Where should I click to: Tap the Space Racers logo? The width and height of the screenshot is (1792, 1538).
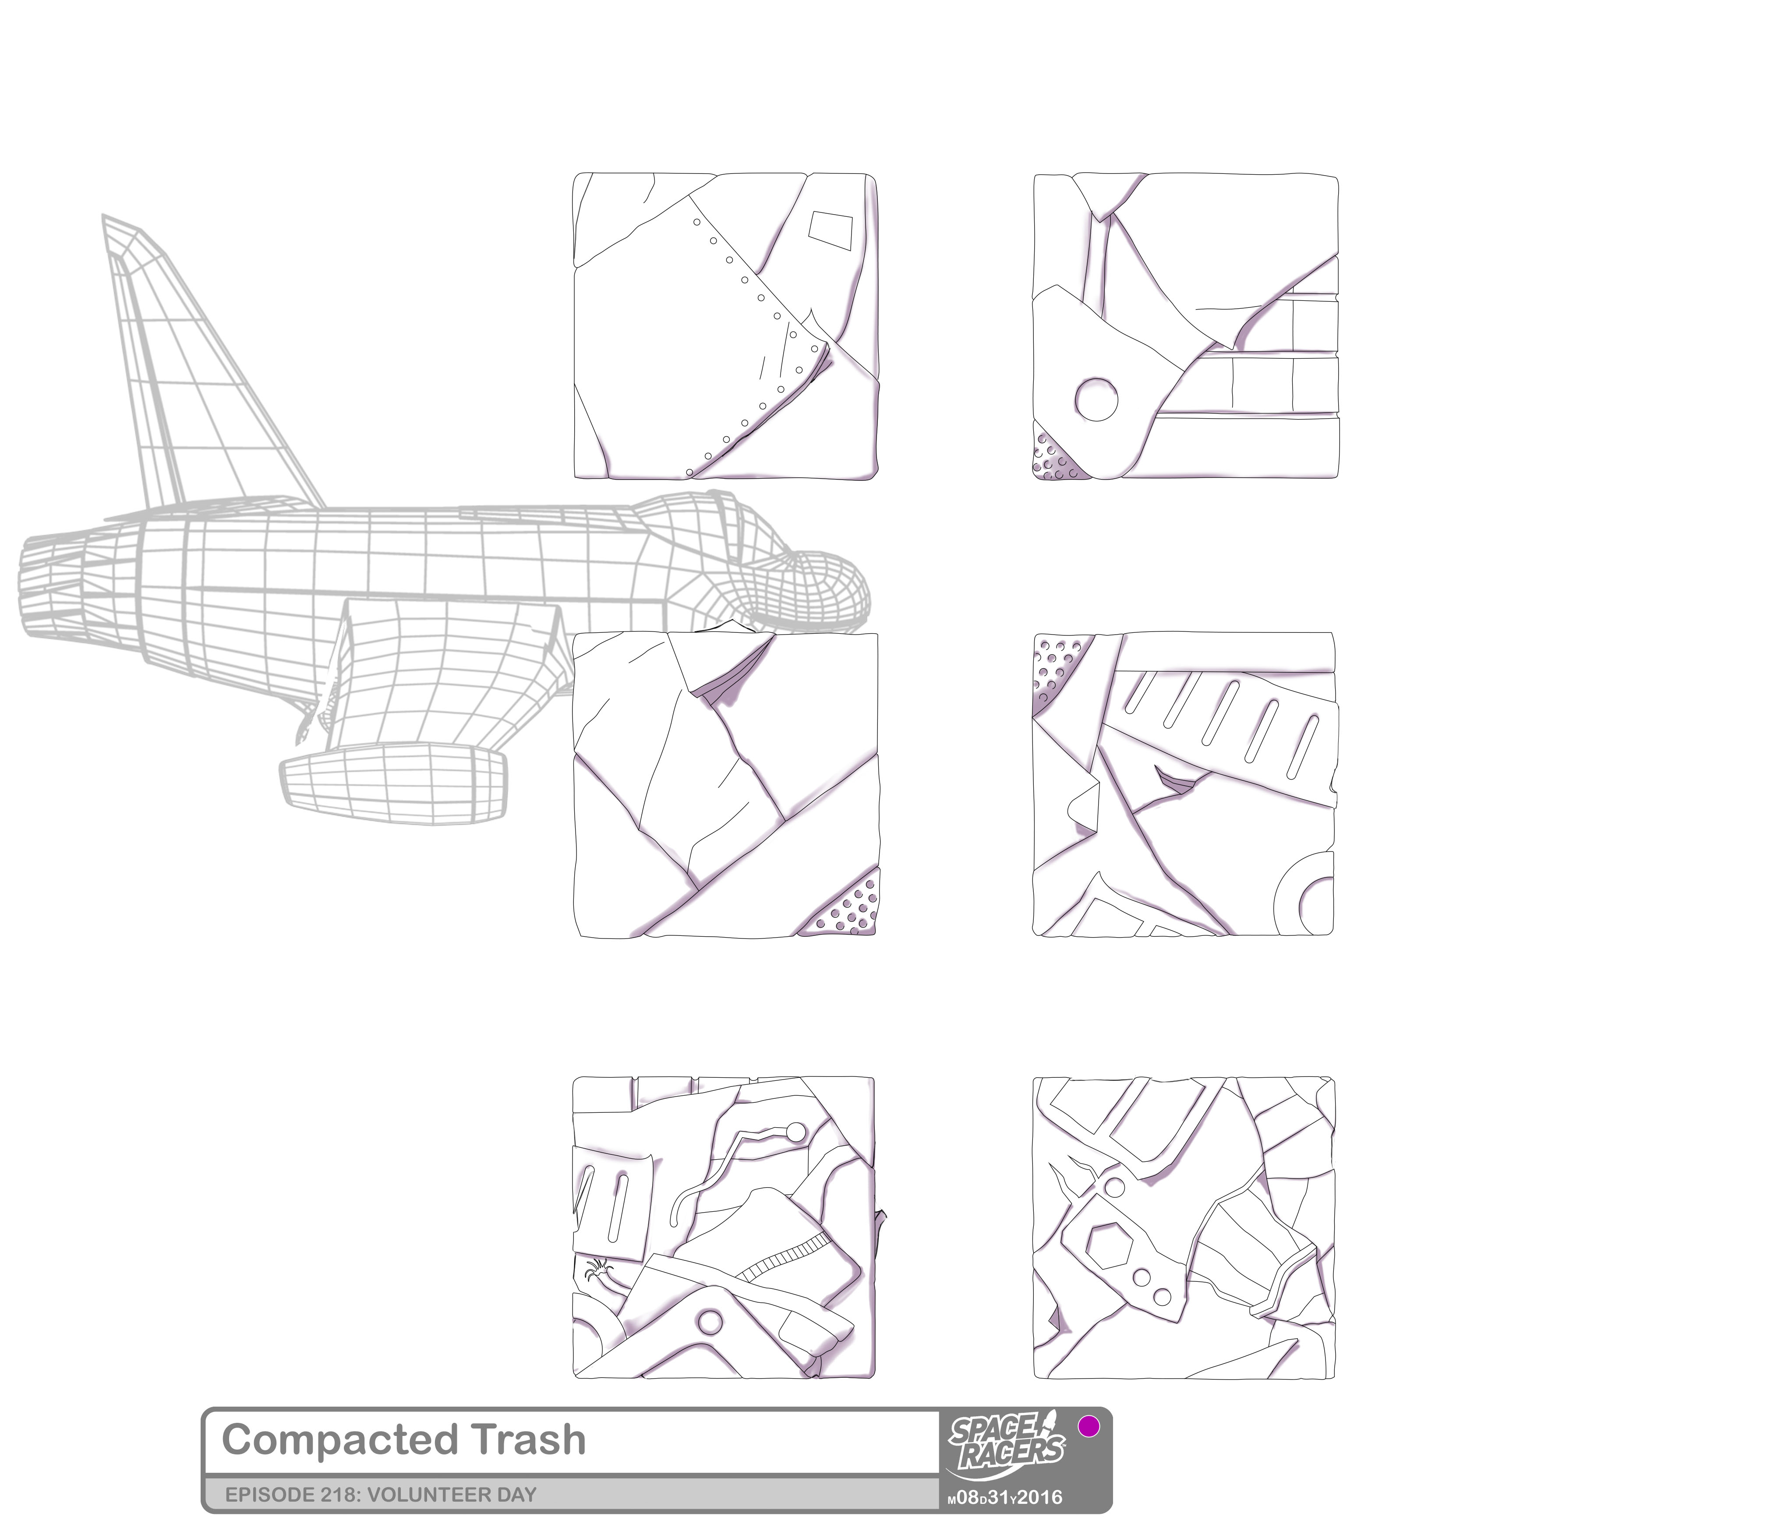coord(1006,1446)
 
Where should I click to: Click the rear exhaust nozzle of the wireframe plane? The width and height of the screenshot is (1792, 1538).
coord(52,588)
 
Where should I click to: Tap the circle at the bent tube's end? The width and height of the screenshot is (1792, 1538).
coord(795,1132)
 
